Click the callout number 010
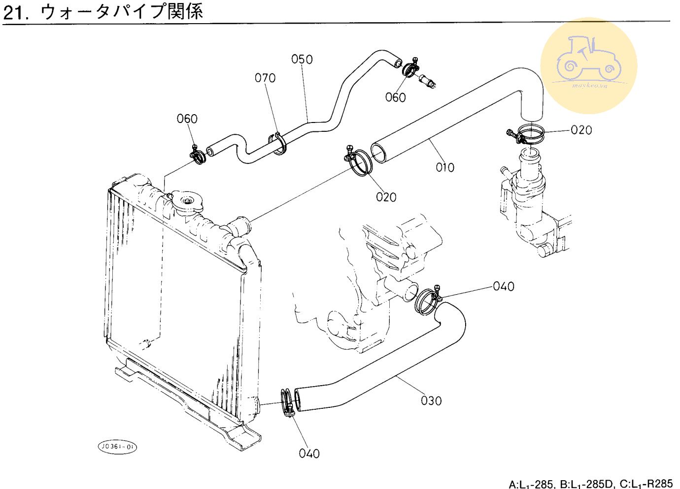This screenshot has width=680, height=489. [x=444, y=167]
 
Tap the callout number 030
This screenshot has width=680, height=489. [x=431, y=400]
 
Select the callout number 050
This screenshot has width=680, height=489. [x=302, y=60]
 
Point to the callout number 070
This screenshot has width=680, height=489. [x=265, y=78]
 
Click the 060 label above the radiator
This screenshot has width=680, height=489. [x=187, y=119]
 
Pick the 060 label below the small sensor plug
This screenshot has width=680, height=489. [x=395, y=97]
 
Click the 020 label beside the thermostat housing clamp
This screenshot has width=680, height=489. [x=581, y=130]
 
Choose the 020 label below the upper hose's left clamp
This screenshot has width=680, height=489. [x=386, y=197]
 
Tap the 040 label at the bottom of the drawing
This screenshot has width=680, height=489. [x=309, y=453]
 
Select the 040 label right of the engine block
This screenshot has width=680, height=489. [x=503, y=286]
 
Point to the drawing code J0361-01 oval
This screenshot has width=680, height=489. [x=117, y=447]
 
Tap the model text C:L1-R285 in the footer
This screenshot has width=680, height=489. [x=646, y=484]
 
